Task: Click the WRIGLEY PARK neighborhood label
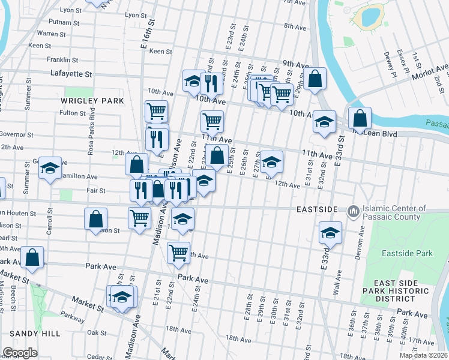click(x=85, y=101)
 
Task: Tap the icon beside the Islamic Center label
click(x=353, y=212)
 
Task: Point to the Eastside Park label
click(x=407, y=254)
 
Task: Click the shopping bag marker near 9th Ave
click(x=315, y=78)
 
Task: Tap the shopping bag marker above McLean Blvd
click(x=360, y=118)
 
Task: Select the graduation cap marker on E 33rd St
click(x=330, y=232)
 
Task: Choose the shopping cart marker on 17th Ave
click(x=178, y=253)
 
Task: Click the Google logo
click(x=20, y=353)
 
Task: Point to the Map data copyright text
click(x=423, y=355)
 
